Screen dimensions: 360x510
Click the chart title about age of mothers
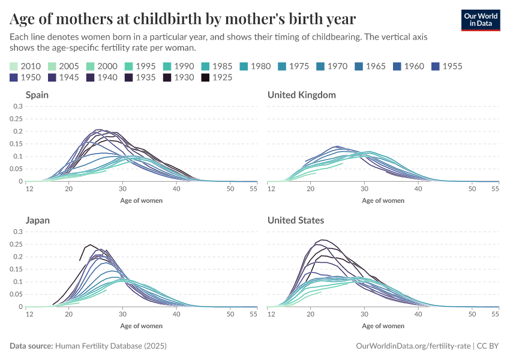183,19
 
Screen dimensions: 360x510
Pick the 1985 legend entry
220,66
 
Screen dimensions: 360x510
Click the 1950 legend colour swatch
14,77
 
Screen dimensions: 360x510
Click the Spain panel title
37,95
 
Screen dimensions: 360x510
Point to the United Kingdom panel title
302,95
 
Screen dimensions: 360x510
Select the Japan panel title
38,220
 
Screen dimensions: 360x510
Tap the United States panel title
296,220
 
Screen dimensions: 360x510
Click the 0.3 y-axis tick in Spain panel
18,106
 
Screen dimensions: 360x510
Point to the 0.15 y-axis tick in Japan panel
16,269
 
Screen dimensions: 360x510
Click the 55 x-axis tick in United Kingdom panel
495,189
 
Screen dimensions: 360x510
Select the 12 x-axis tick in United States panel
271,314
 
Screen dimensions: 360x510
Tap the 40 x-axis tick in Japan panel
176,314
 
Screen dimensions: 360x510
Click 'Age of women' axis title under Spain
142,200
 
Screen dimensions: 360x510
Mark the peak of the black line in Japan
90,245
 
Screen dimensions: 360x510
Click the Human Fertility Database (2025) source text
110,346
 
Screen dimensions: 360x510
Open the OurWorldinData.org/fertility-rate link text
412,346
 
